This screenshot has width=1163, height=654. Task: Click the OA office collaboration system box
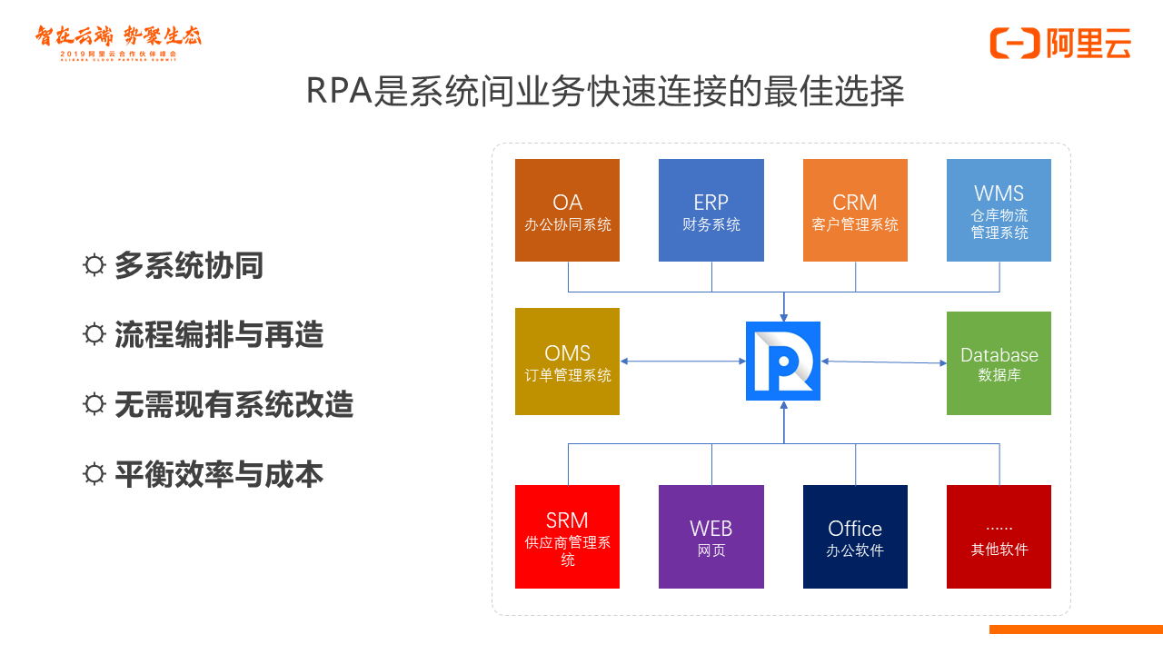(x=567, y=211)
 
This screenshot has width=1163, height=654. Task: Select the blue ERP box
(x=711, y=211)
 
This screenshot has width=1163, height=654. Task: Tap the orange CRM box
(x=855, y=211)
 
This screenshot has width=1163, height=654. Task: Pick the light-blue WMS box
(x=999, y=211)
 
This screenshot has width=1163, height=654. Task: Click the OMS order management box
(x=567, y=362)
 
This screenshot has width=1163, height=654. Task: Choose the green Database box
(x=999, y=363)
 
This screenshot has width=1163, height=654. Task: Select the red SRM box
(x=567, y=537)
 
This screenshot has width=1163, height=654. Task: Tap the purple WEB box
(x=711, y=537)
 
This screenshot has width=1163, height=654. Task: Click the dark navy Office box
(x=855, y=537)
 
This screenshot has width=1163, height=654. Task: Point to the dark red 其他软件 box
(x=999, y=537)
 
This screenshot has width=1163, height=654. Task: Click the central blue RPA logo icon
(x=783, y=361)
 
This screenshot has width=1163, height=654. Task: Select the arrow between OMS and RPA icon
(x=682, y=362)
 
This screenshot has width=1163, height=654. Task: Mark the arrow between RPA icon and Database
(x=883, y=362)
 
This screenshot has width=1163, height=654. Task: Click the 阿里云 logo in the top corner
(x=1060, y=43)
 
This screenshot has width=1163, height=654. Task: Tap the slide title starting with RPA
(x=604, y=92)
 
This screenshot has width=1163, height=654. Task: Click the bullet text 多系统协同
(x=189, y=266)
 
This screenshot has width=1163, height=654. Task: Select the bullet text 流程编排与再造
(x=219, y=335)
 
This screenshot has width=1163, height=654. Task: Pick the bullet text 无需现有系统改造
(x=234, y=404)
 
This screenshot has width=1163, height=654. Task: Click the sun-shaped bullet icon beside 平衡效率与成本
(x=94, y=474)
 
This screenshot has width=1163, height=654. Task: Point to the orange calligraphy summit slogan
(x=118, y=36)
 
